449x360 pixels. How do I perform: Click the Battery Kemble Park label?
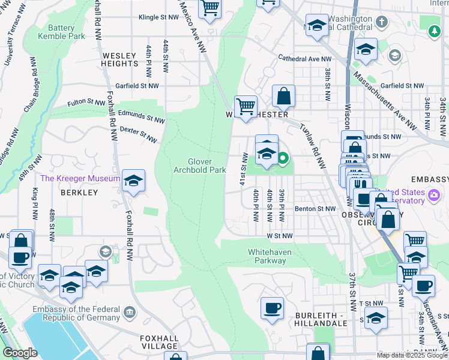[61, 32]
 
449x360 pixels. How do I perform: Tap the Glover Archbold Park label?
[199, 166]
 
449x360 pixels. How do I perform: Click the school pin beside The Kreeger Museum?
[133, 181]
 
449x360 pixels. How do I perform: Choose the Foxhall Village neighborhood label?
[160, 342]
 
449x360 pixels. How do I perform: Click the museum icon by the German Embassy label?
[130, 312]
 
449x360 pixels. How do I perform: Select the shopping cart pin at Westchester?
[246, 107]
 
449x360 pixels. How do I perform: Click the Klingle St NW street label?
[158, 18]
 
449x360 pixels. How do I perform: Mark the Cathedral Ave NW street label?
[304, 59]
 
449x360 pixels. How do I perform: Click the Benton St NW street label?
[315, 209]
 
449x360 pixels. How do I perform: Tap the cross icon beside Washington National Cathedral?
[381, 22]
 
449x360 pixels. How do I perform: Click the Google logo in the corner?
[20, 353]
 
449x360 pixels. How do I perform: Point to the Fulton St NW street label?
[89, 103]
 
